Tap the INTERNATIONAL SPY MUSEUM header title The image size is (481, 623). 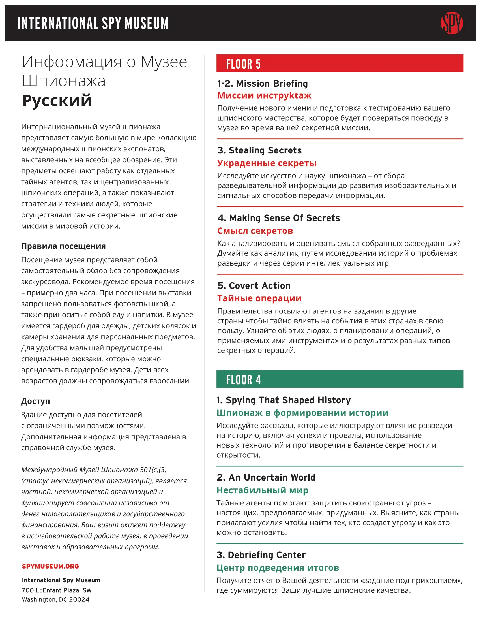tap(93, 23)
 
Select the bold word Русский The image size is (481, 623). tap(57, 101)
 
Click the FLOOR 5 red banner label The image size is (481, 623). tap(243, 64)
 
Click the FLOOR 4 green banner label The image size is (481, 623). tap(243, 380)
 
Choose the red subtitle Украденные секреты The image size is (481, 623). tap(267, 163)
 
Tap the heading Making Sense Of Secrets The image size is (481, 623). tap(279, 218)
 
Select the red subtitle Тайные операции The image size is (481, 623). tap(259, 298)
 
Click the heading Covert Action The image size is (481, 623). tap(254, 285)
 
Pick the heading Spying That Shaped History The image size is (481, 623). tap(284, 400)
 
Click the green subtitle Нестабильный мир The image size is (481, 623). tap(262, 490)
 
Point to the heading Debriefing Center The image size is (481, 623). tap(261, 555)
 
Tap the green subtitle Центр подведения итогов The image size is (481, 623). tap(278, 568)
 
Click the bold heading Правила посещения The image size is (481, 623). tap(64, 246)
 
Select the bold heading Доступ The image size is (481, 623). tap(36, 401)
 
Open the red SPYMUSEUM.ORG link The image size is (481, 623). tap(50, 566)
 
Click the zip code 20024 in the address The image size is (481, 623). tap(79, 599)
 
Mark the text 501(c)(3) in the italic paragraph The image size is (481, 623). tap(153, 470)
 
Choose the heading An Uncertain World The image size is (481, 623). tap(266, 477)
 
